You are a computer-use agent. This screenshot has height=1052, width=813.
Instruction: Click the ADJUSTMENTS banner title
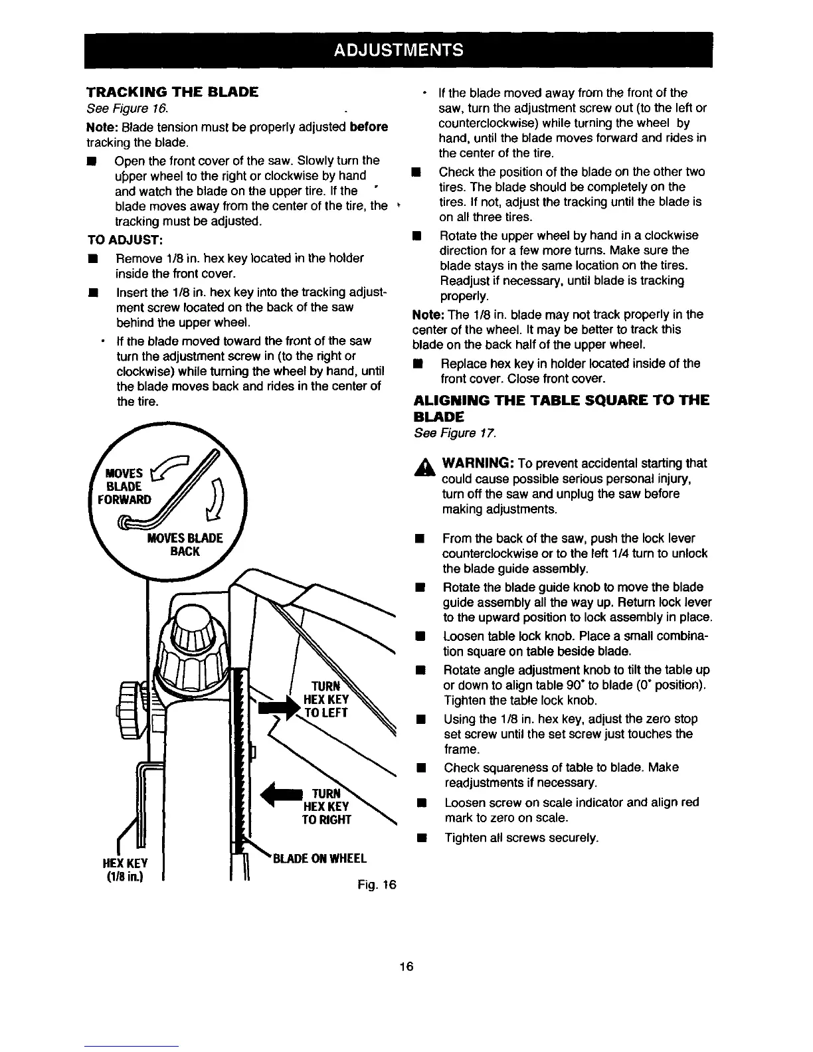point(398,50)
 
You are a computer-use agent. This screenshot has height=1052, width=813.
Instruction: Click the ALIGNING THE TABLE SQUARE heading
point(561,408)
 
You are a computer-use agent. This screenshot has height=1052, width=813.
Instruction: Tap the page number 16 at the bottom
point(406,966)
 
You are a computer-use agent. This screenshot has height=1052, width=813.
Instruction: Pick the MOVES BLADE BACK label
point(185,545)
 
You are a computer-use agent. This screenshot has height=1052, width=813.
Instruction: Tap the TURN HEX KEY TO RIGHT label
point(325,806)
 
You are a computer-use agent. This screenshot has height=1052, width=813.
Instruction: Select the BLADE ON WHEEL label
point(319,858)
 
